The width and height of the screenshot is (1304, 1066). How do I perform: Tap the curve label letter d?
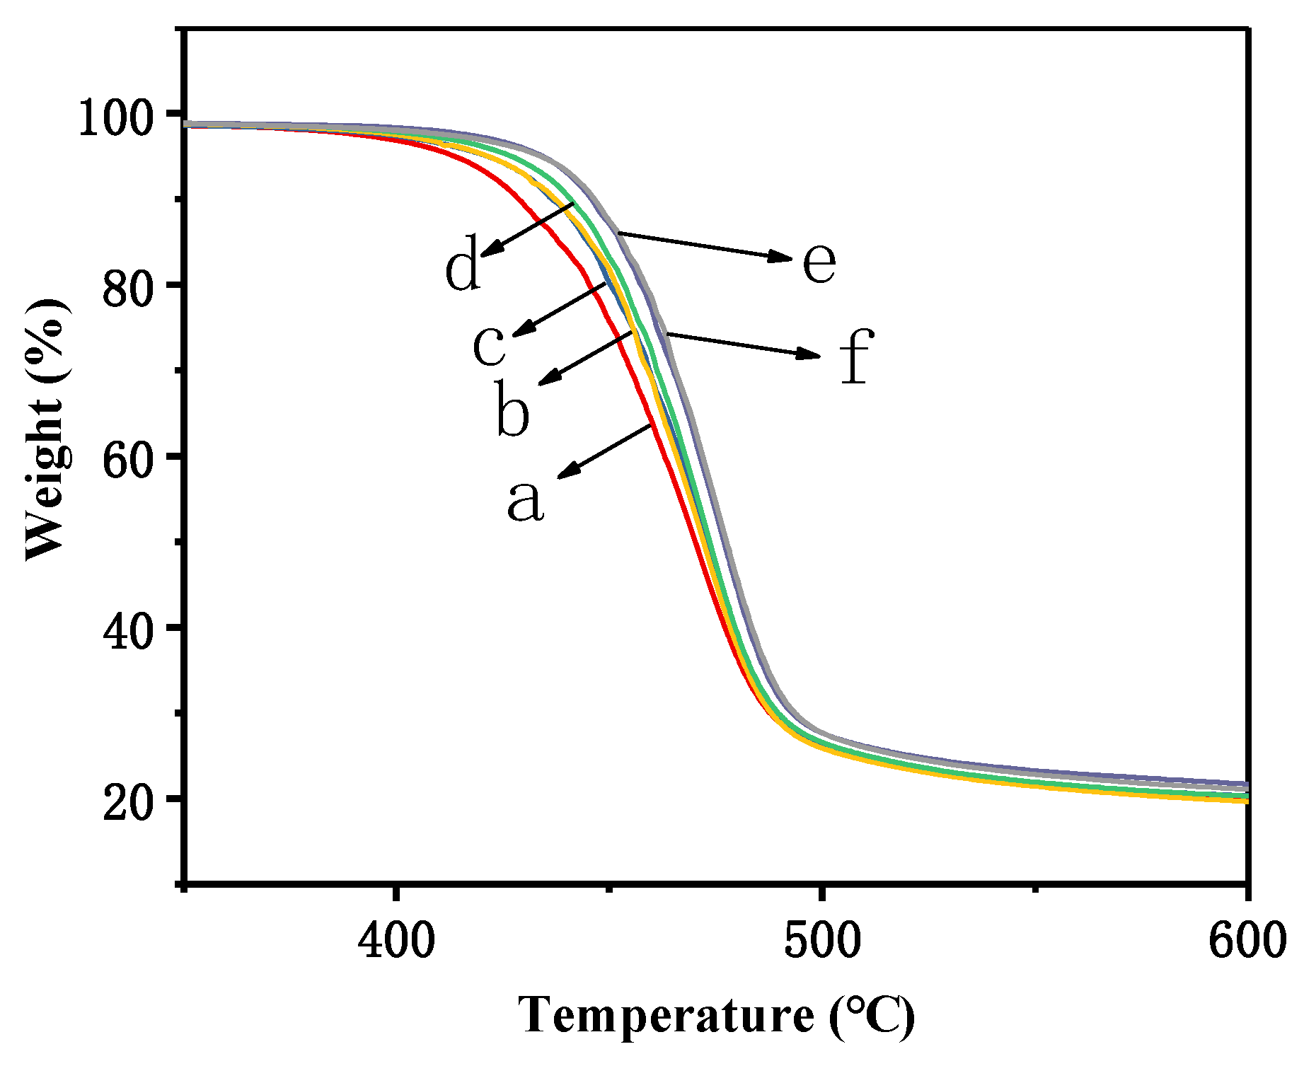463,269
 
